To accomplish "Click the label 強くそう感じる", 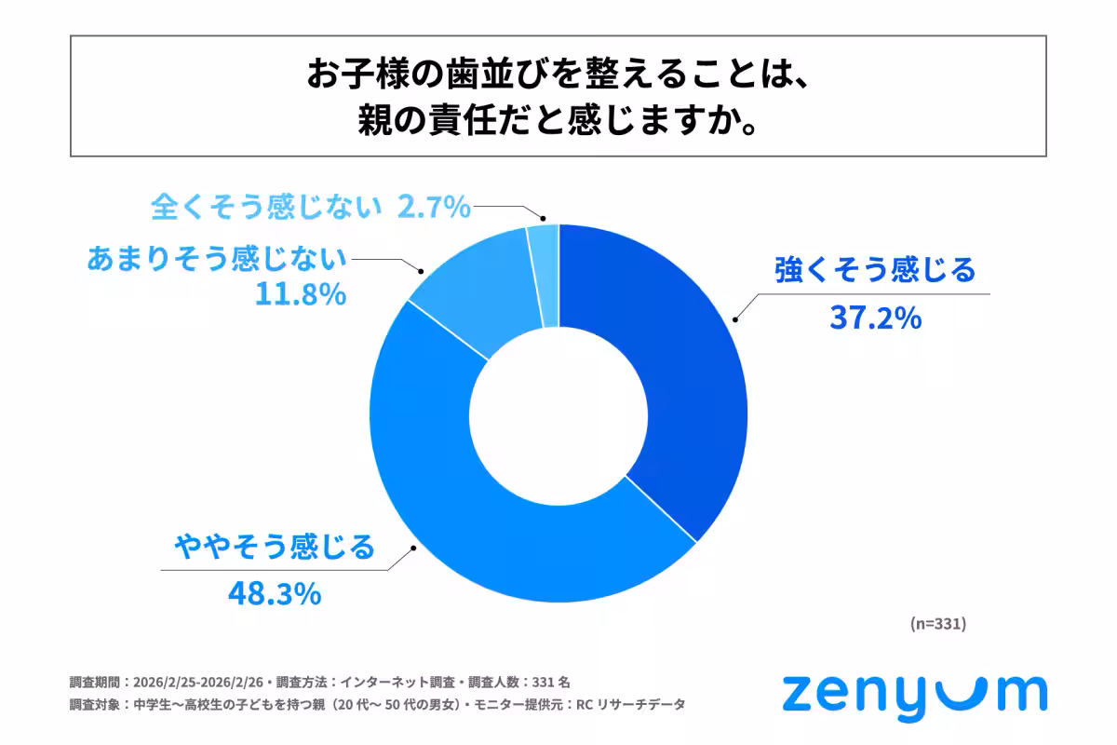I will coord(875,271).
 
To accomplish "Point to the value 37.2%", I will coord(875,318).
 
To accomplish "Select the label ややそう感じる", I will coord(276,546).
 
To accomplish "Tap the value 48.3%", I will coord(275,593).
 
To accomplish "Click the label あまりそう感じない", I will coord(216,258).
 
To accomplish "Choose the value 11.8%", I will coord(300,295).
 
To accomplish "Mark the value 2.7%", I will coord(434,208).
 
